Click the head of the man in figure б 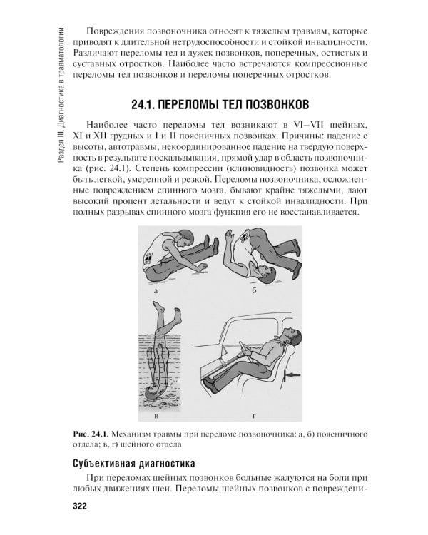265,270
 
